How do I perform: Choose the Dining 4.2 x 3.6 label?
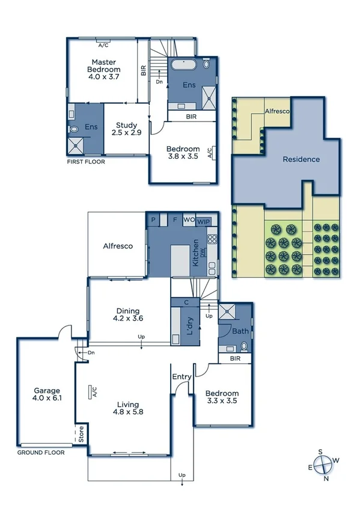(129, 315)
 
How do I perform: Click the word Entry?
(182, 377)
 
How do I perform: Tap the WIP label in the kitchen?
(204, 220)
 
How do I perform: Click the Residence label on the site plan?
(301, 159)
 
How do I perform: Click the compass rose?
(324, 464)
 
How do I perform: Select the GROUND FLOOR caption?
(41, 452)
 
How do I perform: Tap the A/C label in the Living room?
(94, 392)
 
